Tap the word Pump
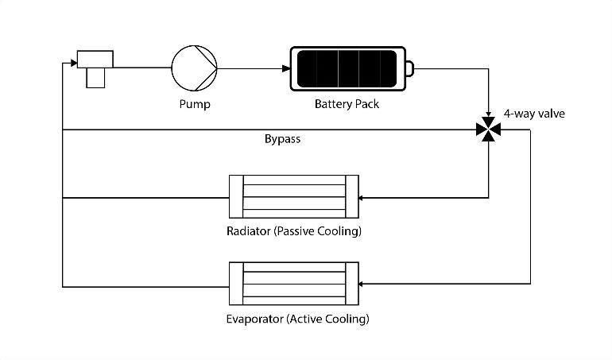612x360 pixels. pyautogui.click(x=195, y=104)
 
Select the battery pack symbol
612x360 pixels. pyautogui.click(x=351, y=68)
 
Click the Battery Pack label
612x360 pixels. pyautogui.click(x=347, y=104)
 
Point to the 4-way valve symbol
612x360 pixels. pyautogui.click(x=488, y=130)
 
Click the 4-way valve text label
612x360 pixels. pyautogui.click(x=534, y=114)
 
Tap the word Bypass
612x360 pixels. pyautogui.click(x=283, y=139)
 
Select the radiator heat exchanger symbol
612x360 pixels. pyautogui.click(x=294, y=196)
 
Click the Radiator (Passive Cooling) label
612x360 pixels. pyautogui.click(x=294, y=231)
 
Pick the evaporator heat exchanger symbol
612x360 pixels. pyautogui.click(x=294, y=284)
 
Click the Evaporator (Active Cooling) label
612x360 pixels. pyautogui.click(x=297, y=319)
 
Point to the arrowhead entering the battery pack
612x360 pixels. pyautogui.click(x=286, y=68)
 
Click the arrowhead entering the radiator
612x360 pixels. pyautogui.click(x=360, y=198)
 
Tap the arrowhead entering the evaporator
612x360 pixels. pyautogui.click(x=360, y=284)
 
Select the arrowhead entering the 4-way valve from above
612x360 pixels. pyautogui.click(x=488, y=114)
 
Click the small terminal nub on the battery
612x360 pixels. pyautogui.click(x=409, y=68)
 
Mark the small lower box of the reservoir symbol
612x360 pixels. pyautogui.click(x=95, y=78)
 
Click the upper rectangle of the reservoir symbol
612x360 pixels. pyautogui.click(x=95, y=60)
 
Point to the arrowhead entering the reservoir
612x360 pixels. pyautogui.click(x=74, y=63)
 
